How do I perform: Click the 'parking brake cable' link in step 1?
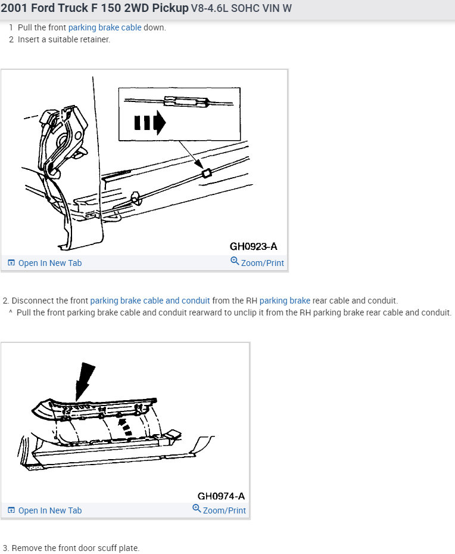[x=105, y=27]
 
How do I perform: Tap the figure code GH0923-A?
[x=253, y=246]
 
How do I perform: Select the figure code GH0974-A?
[x=221, y=496]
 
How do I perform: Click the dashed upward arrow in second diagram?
[x=123, y=426]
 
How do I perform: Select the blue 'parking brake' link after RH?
[x=285, y=301]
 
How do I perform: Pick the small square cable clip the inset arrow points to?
[x=207, y=173]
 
